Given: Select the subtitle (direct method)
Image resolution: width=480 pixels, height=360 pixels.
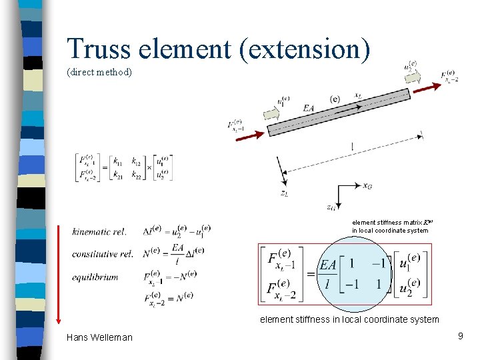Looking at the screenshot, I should (x=99, y=72).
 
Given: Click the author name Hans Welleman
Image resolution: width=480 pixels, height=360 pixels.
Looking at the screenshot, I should (x=99, y=337).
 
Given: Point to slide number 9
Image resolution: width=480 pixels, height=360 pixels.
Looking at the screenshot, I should (x=460, y=337).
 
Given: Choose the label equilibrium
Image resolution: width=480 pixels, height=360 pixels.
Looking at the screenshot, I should (x=95, y=277).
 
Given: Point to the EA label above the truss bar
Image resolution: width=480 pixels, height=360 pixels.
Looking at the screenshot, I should (x=309, y=108).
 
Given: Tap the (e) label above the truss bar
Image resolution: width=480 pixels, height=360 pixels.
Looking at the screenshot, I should (x=335, y=99).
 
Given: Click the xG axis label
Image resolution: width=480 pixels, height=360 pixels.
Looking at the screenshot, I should (x=367, y=186).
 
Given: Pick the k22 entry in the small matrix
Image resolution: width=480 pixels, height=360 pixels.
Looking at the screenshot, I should (x=136, y=175).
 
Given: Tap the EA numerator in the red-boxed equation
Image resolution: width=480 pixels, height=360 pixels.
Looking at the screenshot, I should (x=327, y=266).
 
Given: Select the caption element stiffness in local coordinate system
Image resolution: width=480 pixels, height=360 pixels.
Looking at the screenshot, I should (x=349, y=319).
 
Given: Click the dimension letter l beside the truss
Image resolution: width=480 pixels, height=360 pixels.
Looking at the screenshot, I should (x=352, y=146).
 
